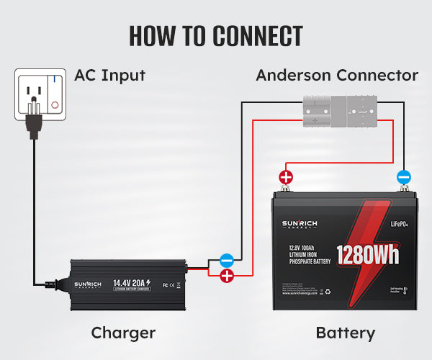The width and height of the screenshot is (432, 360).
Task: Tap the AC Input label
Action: click(x=109, y=75)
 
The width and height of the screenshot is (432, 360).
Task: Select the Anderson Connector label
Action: click(x=337, y=75)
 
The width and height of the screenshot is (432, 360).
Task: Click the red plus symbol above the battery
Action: click(x=286, y=176)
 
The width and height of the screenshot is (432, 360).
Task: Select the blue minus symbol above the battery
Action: click(x=403, y=176)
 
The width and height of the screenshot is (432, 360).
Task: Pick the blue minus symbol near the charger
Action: click(x=226, y=260)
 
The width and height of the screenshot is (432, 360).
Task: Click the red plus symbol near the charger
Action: click(x=226, y=276)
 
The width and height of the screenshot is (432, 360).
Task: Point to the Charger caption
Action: click(x=123, y=333)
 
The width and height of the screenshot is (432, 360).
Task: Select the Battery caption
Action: click(x=346, y=333)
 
